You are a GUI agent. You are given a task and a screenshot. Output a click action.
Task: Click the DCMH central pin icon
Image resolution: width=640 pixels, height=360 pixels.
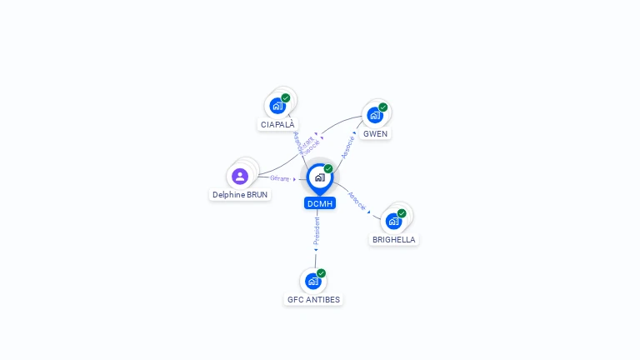319,177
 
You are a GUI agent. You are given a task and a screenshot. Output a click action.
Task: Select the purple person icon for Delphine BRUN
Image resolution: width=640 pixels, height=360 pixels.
240,176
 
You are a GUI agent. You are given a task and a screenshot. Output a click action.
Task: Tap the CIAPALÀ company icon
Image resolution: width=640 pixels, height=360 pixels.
277,106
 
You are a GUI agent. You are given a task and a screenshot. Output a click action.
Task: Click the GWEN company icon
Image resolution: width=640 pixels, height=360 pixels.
375,115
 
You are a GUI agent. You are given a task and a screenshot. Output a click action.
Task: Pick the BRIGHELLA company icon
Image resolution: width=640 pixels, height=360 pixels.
393,221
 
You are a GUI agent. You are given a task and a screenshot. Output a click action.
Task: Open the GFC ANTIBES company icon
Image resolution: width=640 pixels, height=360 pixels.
313,281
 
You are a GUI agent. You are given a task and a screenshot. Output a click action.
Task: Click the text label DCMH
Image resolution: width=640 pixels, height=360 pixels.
320,203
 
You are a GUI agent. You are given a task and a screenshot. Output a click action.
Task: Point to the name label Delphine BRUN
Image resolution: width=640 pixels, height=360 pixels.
240,195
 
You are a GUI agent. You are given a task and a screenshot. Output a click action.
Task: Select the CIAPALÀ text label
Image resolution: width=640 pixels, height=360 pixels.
277,125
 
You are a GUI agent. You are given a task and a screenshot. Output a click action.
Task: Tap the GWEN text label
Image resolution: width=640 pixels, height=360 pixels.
375,134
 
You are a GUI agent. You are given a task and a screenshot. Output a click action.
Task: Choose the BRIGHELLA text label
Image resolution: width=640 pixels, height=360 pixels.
393,240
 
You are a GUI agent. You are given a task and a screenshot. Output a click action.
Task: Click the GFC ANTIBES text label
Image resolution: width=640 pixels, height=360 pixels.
313,300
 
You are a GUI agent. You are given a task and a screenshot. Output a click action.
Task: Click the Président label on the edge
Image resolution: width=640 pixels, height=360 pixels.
317,232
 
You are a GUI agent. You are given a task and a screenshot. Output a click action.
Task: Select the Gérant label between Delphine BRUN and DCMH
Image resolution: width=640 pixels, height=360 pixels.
279,178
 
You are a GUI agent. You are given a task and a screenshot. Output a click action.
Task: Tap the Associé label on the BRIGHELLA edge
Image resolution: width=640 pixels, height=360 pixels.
357,201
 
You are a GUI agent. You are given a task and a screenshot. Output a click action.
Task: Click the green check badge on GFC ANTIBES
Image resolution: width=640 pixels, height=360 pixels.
321,273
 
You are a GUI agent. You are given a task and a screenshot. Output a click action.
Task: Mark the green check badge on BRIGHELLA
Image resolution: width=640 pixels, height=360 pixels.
402,213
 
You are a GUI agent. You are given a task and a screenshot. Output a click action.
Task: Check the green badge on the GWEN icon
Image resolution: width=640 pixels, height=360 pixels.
383,107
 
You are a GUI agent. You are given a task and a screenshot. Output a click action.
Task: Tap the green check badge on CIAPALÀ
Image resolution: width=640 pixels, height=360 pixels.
286,98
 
